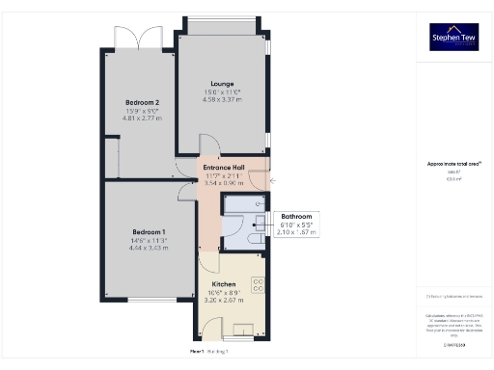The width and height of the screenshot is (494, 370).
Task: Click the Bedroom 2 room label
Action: coord(142,102)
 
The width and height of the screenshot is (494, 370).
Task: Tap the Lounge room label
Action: coord(223,84)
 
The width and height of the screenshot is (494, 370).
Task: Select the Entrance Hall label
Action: coord(225,168)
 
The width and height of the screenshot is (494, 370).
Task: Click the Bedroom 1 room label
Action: coord(150,232)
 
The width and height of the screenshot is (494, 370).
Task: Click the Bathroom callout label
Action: coord(295,217)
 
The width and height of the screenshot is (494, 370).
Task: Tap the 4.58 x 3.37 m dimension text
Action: coord(223,99)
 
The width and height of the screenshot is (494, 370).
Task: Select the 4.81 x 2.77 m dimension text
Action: coord(142,118)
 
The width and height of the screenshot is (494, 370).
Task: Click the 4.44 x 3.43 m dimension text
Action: coord(150,248)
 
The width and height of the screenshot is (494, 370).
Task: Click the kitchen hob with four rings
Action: coord(258,285)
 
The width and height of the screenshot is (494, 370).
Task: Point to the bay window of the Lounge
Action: coord(222,23)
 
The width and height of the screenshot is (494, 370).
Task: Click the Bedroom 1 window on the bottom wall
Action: coord(146,300)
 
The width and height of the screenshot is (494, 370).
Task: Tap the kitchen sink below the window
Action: coord(238,325)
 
